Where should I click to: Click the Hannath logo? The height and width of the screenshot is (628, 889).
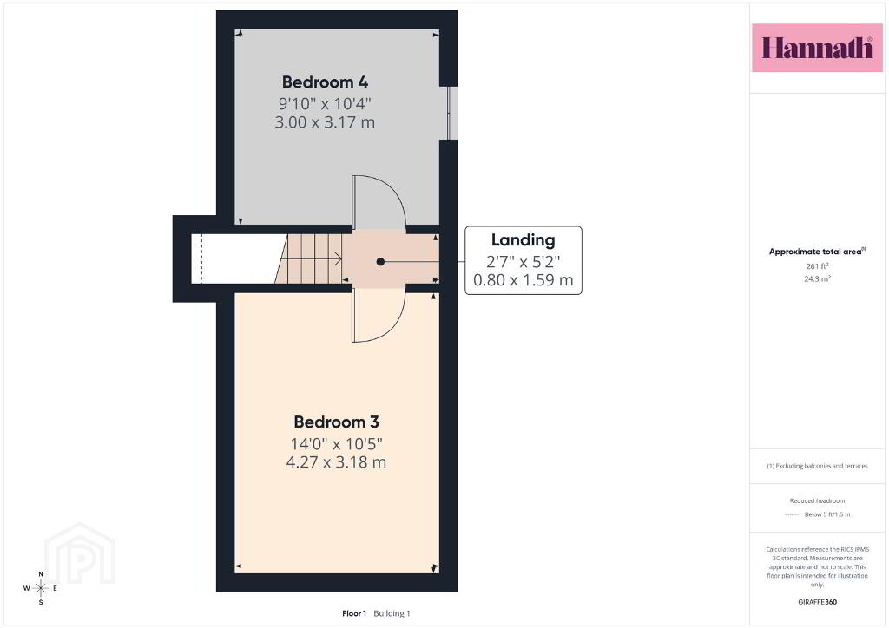pos(817,48)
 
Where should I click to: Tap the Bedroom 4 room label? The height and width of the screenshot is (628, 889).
pos(325,82)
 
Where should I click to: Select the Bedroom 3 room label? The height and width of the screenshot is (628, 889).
pos(336,422)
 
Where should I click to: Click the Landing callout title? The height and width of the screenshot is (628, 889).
pos(523,240)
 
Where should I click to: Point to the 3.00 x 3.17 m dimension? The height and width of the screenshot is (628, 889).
pos(325,122)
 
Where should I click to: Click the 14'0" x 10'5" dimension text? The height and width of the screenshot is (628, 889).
pos(336,443)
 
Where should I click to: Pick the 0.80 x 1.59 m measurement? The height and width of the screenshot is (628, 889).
pos(523,280)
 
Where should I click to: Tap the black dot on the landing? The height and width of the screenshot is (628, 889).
pos(380,262)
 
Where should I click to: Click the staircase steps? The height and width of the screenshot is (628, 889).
pos(310,258)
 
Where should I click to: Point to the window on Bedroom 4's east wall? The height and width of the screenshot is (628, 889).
pos(451,113)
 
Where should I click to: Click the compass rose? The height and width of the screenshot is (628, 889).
pos(41,588)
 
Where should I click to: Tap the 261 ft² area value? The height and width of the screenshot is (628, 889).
pos(817,265)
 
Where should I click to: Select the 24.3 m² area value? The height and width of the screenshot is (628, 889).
pos(817,278)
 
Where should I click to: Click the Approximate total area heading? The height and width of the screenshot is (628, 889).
pos(817,252)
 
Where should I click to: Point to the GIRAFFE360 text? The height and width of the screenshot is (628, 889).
pos(817,602)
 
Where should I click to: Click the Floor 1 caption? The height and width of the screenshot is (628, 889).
pos(354,613)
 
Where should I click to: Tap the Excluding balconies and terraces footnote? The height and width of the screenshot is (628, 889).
pos(817,466)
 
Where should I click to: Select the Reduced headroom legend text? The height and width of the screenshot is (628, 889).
pos(817,500)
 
